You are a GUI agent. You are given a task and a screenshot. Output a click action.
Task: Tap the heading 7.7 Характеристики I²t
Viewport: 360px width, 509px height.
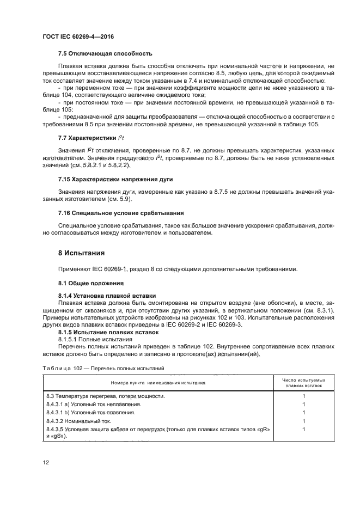tap(92, 138)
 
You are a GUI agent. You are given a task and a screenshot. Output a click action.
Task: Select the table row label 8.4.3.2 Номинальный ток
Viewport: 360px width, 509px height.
tap(80, 421)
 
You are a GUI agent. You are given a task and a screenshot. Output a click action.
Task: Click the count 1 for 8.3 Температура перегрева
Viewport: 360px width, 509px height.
tap(303, 396)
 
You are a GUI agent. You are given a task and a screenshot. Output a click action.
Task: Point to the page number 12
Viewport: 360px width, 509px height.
tap(46, 463)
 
